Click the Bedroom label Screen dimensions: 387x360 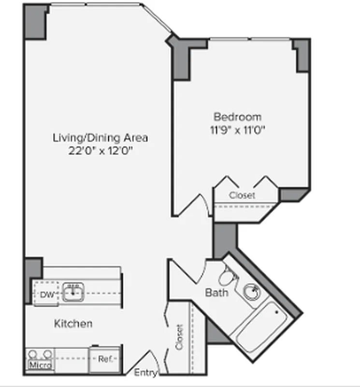[237, 117]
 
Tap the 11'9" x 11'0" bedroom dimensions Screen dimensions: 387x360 [237, 130]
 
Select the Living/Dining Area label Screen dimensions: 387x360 [100, 138]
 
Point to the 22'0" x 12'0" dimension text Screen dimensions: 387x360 [100, 150]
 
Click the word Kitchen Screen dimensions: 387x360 [73, 323]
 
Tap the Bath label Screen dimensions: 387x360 [216, 293]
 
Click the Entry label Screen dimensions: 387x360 [145, 373]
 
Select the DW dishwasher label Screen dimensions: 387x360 [46, 295]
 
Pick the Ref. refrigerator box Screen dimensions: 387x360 [104, 359]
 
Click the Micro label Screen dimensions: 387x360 [40, 365]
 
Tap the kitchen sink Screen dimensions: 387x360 [72, 293]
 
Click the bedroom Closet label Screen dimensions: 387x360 [242, 195]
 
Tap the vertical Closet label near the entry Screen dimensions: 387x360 [179, 337]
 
